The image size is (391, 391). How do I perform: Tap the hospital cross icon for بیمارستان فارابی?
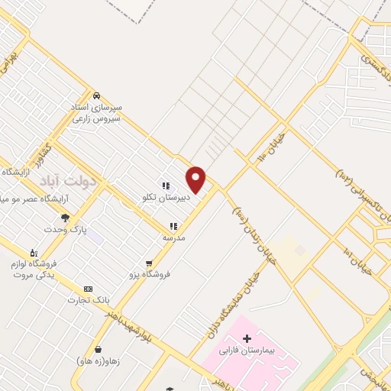[x=246, y=338]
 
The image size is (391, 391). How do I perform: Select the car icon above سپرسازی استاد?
[x=96, y=95]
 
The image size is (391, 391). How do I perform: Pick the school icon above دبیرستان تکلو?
[x=165, y=185]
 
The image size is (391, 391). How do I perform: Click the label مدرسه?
[x=173, y=238]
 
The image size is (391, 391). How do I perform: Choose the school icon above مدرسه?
[x=173, y=226]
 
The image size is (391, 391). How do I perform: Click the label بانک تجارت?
[x=89, y=299]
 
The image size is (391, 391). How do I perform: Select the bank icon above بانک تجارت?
[x=89, y=289]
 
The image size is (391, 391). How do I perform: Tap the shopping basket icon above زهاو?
[x=98, y=349]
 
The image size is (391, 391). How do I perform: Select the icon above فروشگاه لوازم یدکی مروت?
[x=33, y=252]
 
